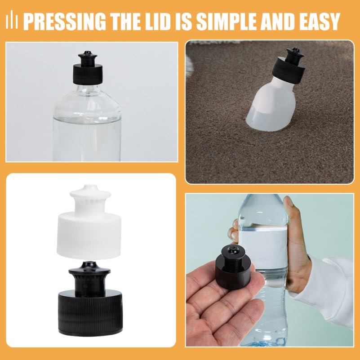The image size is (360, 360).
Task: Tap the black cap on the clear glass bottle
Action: pos(88,68)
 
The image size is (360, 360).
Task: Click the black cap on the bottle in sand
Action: pos(290,66)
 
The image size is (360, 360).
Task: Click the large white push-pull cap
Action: pos(89,222)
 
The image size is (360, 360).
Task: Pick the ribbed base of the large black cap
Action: pos(90,312)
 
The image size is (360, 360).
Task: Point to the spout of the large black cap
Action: pos(90,279)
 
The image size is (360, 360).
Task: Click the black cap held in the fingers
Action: pos(233,267)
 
